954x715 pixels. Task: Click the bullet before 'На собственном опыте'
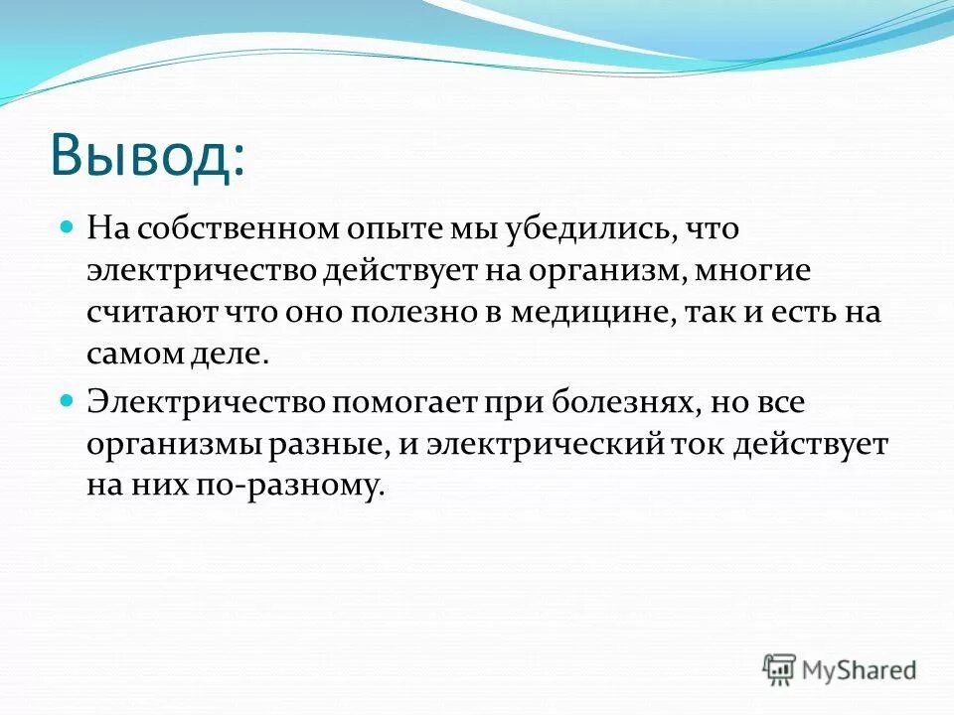68,227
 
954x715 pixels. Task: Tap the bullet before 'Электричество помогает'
68,401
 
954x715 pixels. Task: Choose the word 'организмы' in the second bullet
173,445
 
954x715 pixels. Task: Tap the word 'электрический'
544,445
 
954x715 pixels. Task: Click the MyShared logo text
860,669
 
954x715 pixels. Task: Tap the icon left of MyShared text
780,669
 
